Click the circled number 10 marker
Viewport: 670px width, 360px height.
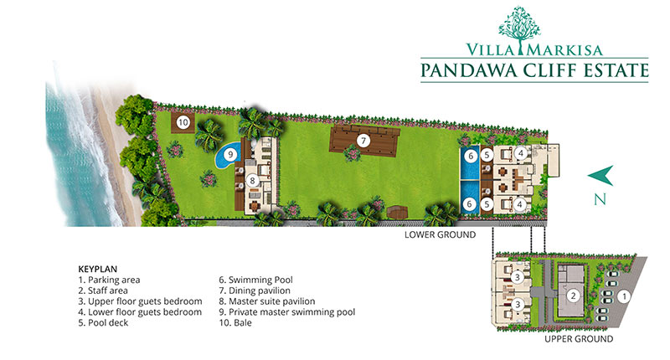click(x=183, y=122)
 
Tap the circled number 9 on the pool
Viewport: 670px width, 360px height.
click(x=230, y=154)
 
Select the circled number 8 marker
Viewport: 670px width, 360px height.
click(x=253, y=181)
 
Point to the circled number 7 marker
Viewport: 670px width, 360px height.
click(x=363, y=140)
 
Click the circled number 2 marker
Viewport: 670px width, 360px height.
click(x=573, y=296)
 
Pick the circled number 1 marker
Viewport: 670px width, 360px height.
click(x=624, y=296)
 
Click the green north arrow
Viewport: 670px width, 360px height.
click(x=600, y=175)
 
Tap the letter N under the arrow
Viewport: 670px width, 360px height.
click(x=600, y=199)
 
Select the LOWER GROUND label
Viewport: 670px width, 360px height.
click(x=441, y=234)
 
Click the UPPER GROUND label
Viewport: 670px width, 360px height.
click(x=579, y=339)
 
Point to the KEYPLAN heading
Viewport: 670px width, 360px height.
click(x=97, y=269)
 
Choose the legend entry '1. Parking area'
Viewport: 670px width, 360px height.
click(x=109, y=280)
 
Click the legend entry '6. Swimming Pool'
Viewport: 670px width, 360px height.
click(x=255, y=280)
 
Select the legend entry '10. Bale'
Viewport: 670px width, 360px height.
click(x=235, y=323)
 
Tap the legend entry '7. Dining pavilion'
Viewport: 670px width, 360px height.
click(x=255, y=291)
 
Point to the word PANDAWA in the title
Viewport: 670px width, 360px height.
click(x=469, y=70)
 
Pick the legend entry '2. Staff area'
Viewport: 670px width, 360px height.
click(x=103, y=291)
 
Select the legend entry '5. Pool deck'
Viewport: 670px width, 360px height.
click(x=103, y=323)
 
